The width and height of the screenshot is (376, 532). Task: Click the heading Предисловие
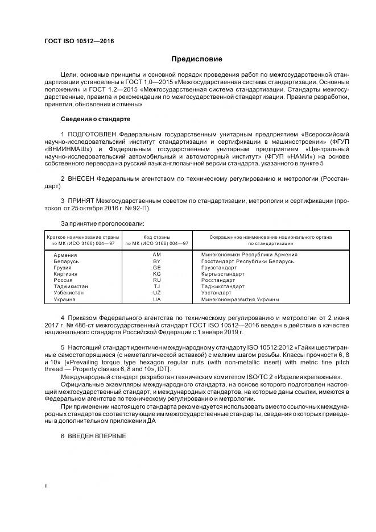coord(197,59)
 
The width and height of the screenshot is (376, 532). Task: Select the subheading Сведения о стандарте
coord(96,119)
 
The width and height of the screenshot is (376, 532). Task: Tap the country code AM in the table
coord(157,255)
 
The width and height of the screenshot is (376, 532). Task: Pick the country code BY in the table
coord(157,261)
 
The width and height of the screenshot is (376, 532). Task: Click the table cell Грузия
coord(62,267)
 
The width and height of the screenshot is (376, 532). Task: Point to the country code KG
coord(157,274)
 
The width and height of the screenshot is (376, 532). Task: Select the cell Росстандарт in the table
coord(218,280)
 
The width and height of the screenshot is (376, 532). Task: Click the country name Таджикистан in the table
coord(71,286)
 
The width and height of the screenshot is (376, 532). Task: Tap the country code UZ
coord(157,293)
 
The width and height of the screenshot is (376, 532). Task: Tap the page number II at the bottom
coord(47,486)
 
